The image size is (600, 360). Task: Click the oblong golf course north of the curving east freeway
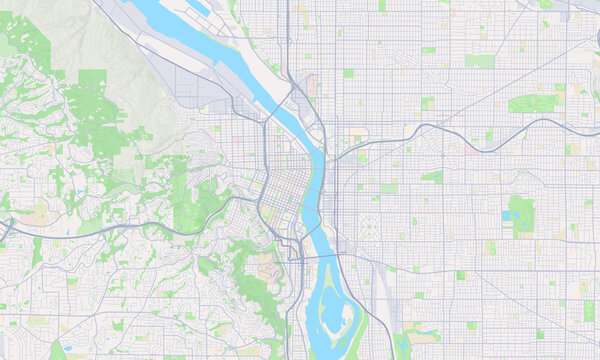pos(534,103)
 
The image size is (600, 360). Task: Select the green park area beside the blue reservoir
pos(523,215)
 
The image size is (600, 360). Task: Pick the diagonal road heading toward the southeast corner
pos(520,300)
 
